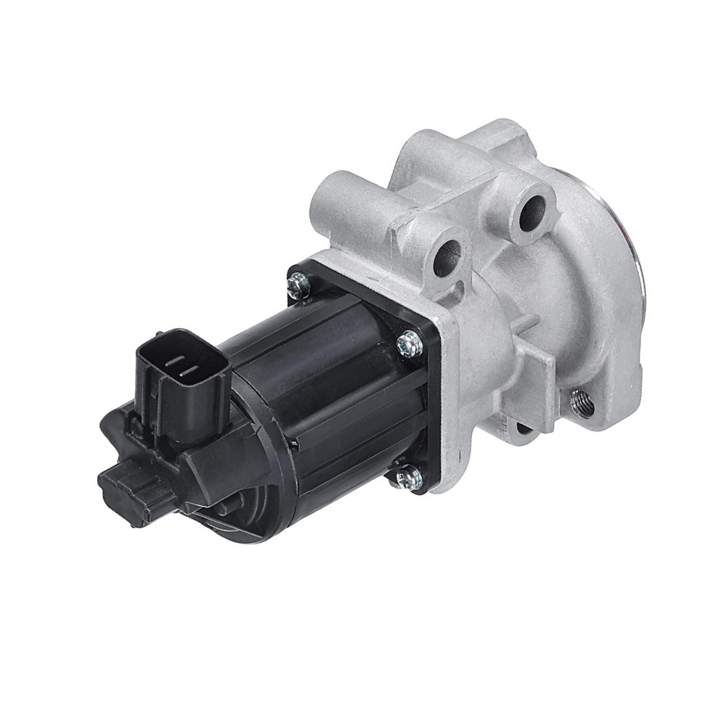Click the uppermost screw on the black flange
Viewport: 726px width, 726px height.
tap(298, 286)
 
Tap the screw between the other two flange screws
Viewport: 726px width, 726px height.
tap(411, 341)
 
